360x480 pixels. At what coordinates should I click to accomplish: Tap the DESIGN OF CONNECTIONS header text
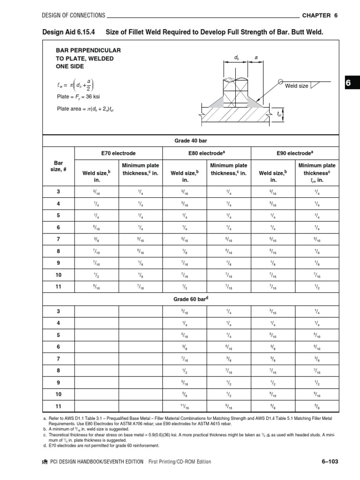pyautogui.click(x=74, y=15)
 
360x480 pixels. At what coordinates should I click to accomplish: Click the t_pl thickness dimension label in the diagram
pyautogui.click(x=279, y=114)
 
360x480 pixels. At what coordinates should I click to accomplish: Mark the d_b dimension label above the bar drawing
pyautogui.click(x=237, y=57)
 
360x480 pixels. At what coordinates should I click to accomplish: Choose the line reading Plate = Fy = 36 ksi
pyautogui.click(x=78, y=97)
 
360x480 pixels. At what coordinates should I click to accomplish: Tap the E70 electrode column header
pyautogui.click(x=118, y=153)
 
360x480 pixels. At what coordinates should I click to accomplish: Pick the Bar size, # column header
pyautogui.click(x=59, y=166)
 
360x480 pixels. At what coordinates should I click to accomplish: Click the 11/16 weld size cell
pyautogui.click(x=185, y=406)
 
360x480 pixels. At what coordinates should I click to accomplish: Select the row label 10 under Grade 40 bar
pyautogui.click(x=59, y=275)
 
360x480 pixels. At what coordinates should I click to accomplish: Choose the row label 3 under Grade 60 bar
pyautogui.click(x=59, y=311)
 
